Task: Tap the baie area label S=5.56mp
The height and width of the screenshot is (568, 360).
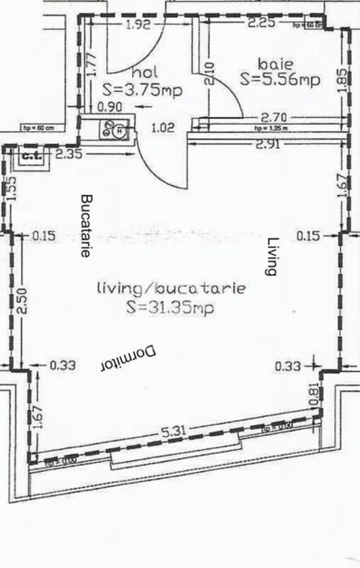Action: pyautogui.click(x=280, y=80)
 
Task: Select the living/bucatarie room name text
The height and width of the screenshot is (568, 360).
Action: pyautogui.click(x=171, y=289)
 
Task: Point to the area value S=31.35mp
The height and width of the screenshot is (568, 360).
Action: pyautogui.click(x=170, y=308)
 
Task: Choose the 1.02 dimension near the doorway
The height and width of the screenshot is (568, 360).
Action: pyautogui.click(x=163, y=127)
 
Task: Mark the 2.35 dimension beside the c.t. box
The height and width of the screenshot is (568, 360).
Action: pyautogui.click(x=68, y=153)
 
